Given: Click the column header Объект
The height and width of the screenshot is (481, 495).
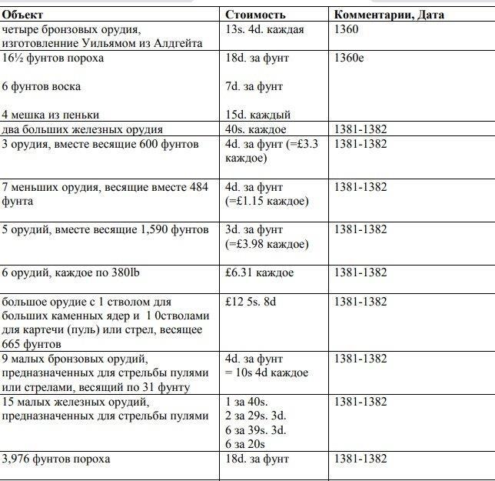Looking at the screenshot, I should [23, 15].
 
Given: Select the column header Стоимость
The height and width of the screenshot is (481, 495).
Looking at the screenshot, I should [255, 15].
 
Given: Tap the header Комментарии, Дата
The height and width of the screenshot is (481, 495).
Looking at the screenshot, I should [389, 15].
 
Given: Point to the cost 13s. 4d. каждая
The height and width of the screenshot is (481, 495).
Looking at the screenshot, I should [264, 29].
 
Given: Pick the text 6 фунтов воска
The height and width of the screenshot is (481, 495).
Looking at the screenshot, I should [42, 86].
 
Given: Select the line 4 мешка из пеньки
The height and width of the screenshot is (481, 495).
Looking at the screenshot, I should [51, 115].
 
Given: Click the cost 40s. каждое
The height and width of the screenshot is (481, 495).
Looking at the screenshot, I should [256, 129].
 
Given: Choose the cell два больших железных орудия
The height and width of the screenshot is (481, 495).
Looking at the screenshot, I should [82, 129].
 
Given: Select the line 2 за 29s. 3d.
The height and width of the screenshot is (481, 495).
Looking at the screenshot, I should [256, 416].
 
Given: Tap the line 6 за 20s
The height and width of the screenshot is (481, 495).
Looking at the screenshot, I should [245, 444].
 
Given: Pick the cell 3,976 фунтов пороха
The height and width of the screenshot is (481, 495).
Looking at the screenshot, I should [56, 459].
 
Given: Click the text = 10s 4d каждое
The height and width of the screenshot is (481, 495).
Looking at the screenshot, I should [267, 372].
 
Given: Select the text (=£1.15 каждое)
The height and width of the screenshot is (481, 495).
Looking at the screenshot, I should [267, 201].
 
